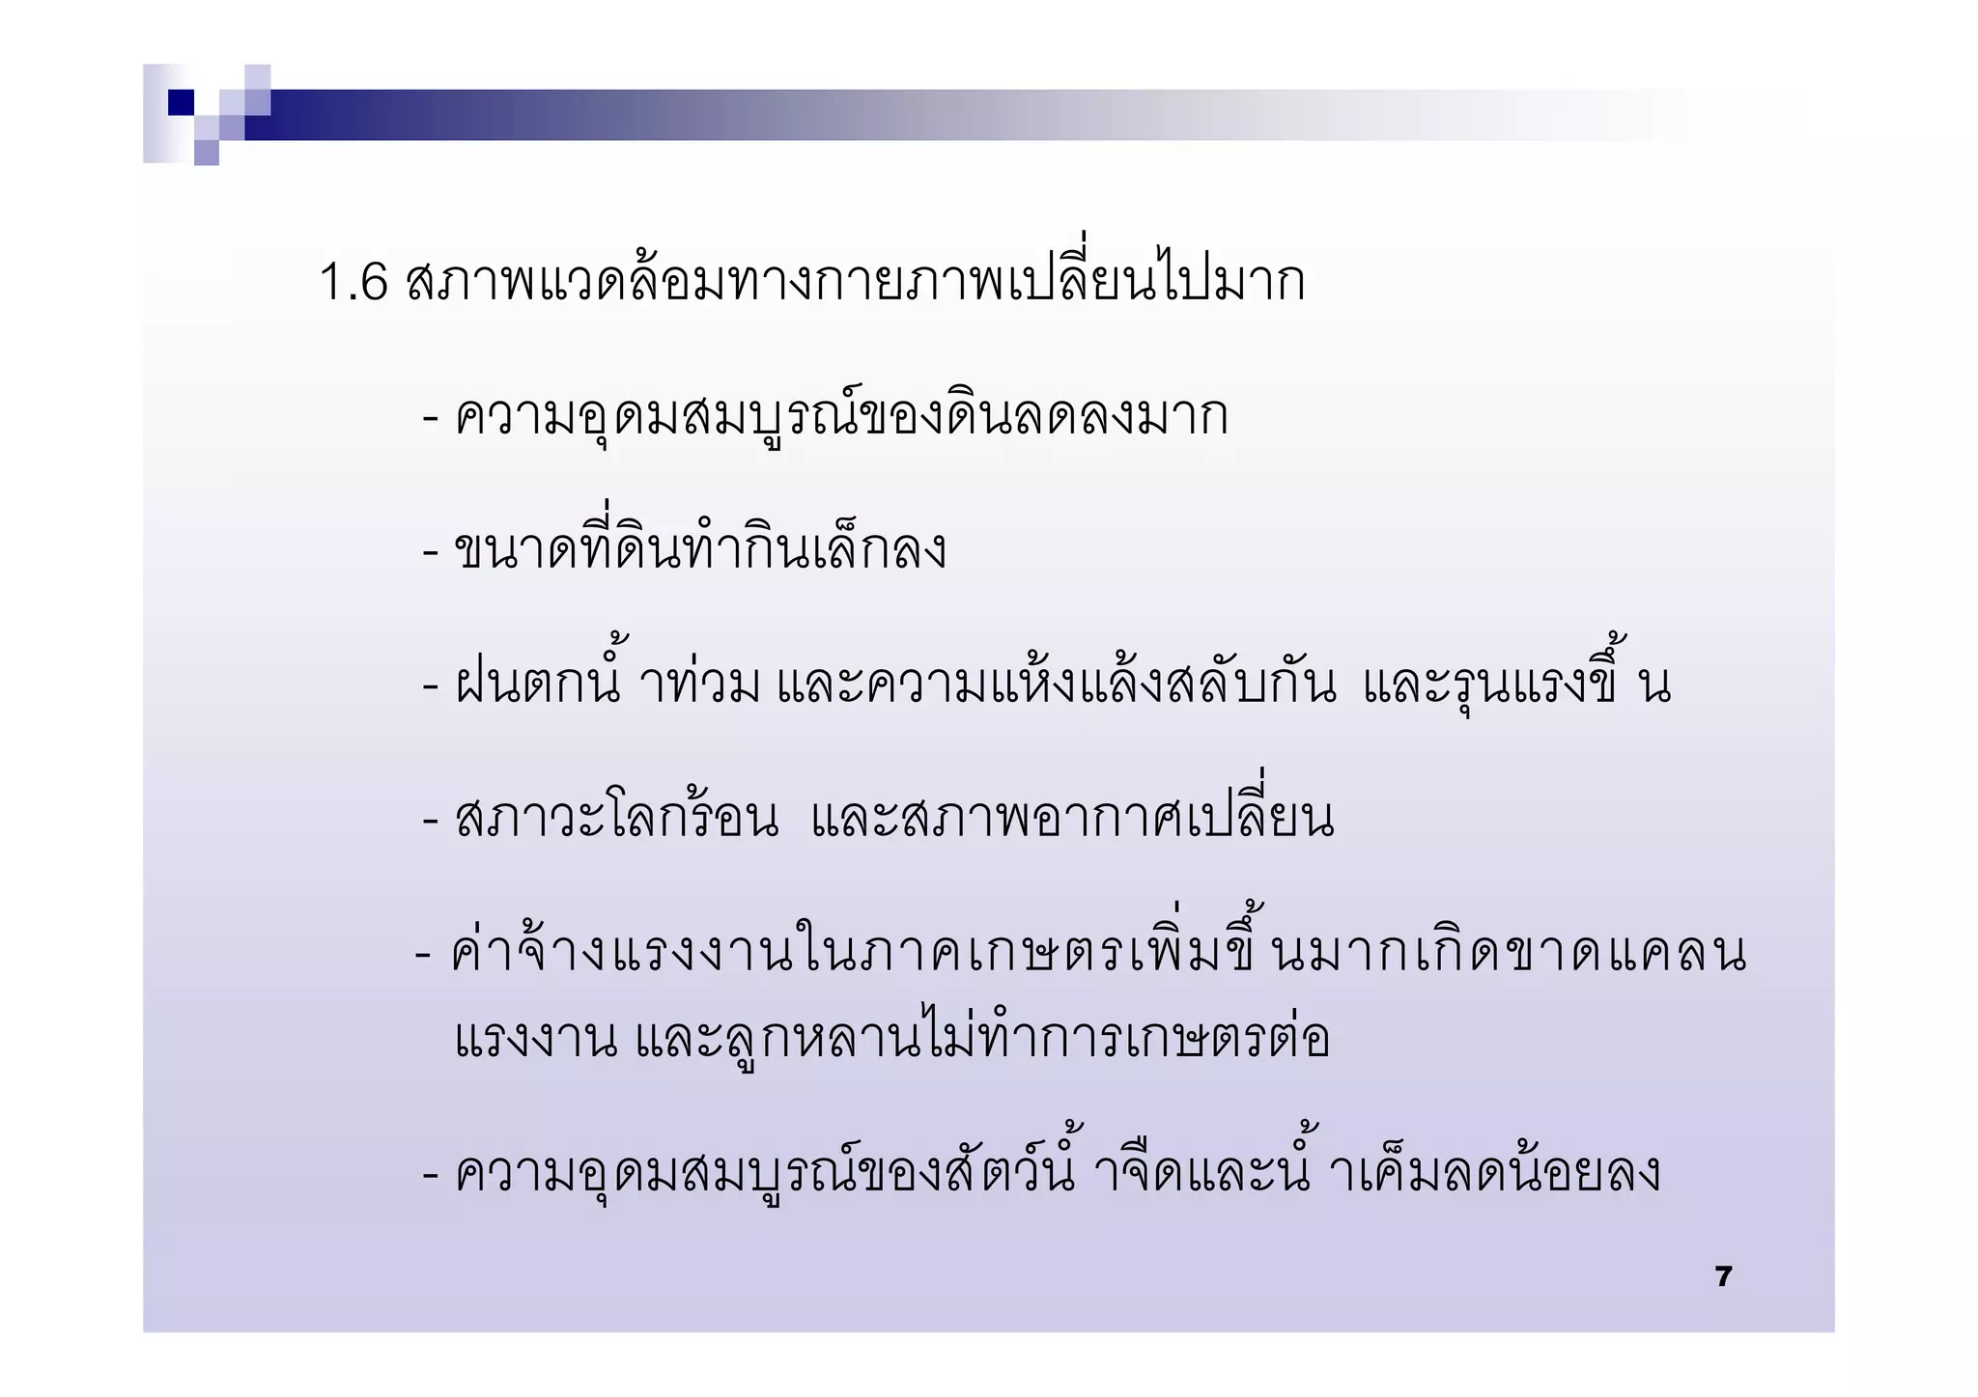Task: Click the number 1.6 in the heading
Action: click(x=353, y=282)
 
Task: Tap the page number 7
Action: click(x=1723, y=1276)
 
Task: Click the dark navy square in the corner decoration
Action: click(x=182, y=102)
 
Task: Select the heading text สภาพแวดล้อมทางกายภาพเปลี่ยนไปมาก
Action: click(x=856, y=280)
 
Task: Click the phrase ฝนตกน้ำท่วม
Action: click(x=607, y=684)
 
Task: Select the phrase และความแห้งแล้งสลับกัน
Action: click(x=1057, y=684)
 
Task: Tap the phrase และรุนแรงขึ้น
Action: click(x=1516, y=684)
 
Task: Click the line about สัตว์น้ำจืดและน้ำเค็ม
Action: click(x=1057, y=1172)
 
